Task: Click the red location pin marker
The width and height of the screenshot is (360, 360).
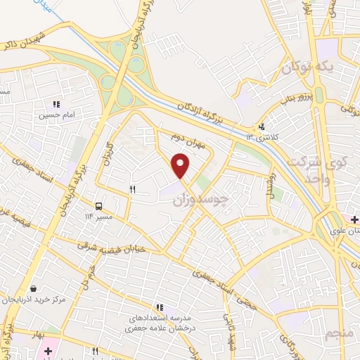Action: click(181, 165)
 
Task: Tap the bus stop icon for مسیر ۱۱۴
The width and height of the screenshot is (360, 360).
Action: click(99, 206)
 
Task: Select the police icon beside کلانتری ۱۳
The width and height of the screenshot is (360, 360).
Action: click(262, 127)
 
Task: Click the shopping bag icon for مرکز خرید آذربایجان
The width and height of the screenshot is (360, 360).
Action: click(34, 288)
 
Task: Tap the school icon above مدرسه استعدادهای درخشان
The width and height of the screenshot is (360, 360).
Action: click(160, 307)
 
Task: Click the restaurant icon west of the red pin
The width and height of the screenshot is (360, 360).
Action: click(131, 189)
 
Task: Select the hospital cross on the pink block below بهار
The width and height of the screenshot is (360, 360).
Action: click(48, 350)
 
